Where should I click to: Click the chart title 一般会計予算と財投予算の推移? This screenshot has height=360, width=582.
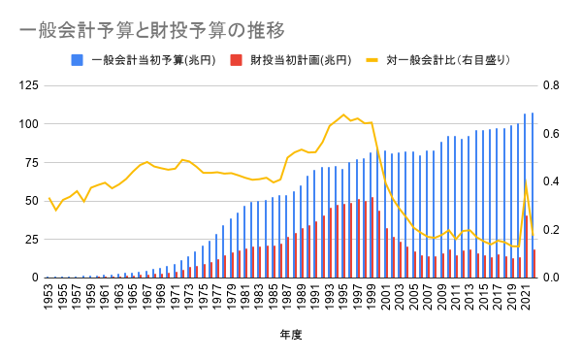[152, 30]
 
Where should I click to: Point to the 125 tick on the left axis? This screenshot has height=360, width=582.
[28, 85]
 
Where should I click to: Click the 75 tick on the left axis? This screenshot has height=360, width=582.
[32, 162]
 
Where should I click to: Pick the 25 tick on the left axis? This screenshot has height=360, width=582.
[32, 240]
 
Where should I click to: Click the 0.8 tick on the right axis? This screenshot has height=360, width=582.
[551, 85]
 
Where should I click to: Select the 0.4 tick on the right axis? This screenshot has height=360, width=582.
[551, 181]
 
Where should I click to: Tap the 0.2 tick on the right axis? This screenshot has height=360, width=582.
[551, 230]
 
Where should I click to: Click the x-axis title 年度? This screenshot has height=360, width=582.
[291, 335]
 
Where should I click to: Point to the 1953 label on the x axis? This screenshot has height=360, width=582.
[48, 297]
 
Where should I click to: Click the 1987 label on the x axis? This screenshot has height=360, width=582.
[287, 297]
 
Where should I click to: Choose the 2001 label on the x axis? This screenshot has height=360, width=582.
[385, 297]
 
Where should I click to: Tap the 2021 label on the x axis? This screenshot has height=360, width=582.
[526, 297]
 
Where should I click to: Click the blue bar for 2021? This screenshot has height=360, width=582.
[525, 196]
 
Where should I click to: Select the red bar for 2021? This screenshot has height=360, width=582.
[527, 246]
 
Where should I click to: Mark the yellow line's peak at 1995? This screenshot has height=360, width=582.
[343, 115]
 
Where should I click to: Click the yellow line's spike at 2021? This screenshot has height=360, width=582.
[526, 180]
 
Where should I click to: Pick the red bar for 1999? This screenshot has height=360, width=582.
[372, 238]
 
